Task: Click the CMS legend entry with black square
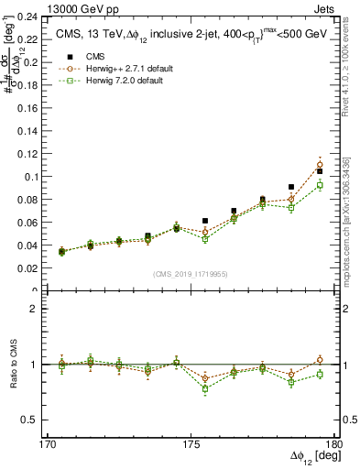pos(92,57)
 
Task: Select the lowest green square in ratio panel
pos(205,389)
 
